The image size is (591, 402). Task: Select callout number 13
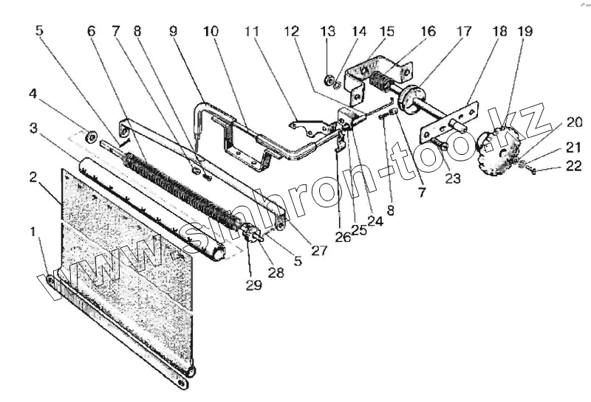click(x=328, y=32)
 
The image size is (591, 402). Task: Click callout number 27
click(x=318, y=250)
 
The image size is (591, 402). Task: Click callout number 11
click(x=253, y=32)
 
